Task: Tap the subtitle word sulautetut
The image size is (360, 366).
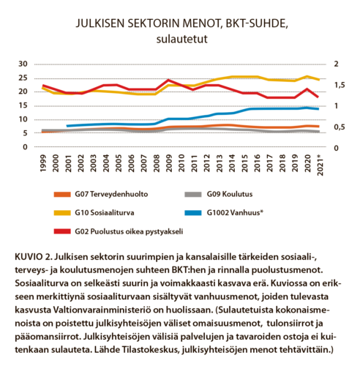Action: (182, 39)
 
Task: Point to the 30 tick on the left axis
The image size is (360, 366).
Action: (23, 64)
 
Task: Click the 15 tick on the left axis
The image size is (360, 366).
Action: (23, 105)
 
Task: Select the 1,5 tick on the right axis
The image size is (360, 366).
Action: (340, 85)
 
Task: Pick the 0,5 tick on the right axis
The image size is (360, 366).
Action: (340, 127)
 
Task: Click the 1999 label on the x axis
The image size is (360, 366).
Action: (43, 163)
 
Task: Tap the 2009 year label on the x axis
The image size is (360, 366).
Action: (169, 163)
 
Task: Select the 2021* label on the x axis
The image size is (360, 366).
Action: (320, 165)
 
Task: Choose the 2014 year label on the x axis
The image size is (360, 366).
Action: (232, 163)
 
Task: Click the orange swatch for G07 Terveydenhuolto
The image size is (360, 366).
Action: (62, 195)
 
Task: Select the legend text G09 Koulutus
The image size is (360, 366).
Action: (230, 194)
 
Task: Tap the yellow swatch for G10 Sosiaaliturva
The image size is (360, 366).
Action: (62, 213)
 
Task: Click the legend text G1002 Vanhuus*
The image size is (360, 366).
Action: (235, 213)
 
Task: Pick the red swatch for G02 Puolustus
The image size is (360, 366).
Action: (62, 231)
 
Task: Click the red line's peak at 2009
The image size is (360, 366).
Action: (169, 80)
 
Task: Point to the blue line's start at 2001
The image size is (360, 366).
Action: (67, 126)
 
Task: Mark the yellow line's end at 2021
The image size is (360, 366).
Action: (319, 80)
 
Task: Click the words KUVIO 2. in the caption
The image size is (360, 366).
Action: (33, 257)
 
